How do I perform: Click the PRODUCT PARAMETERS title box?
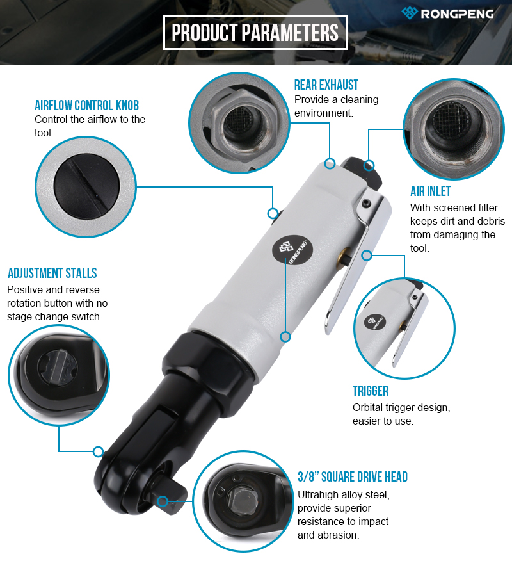tap(255, 33)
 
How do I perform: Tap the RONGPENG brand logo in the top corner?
tap(447, 13)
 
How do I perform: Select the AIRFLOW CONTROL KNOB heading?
tap(87, 105)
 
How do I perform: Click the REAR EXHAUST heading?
tap(326, 85)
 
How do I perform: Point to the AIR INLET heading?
tap(430, 191)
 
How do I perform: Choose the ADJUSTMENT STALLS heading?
tap(52, 273)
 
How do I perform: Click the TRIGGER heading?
tap(371, 391)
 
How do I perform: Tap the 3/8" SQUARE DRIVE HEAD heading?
tap(353, 477)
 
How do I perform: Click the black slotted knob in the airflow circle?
tap(86, 186)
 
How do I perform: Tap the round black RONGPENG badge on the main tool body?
tap(292, 250)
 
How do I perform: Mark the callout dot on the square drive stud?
tap(163, 501)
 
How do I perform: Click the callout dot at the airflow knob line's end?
tap(273, 213)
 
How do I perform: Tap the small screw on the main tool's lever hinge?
tap(365, 203)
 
